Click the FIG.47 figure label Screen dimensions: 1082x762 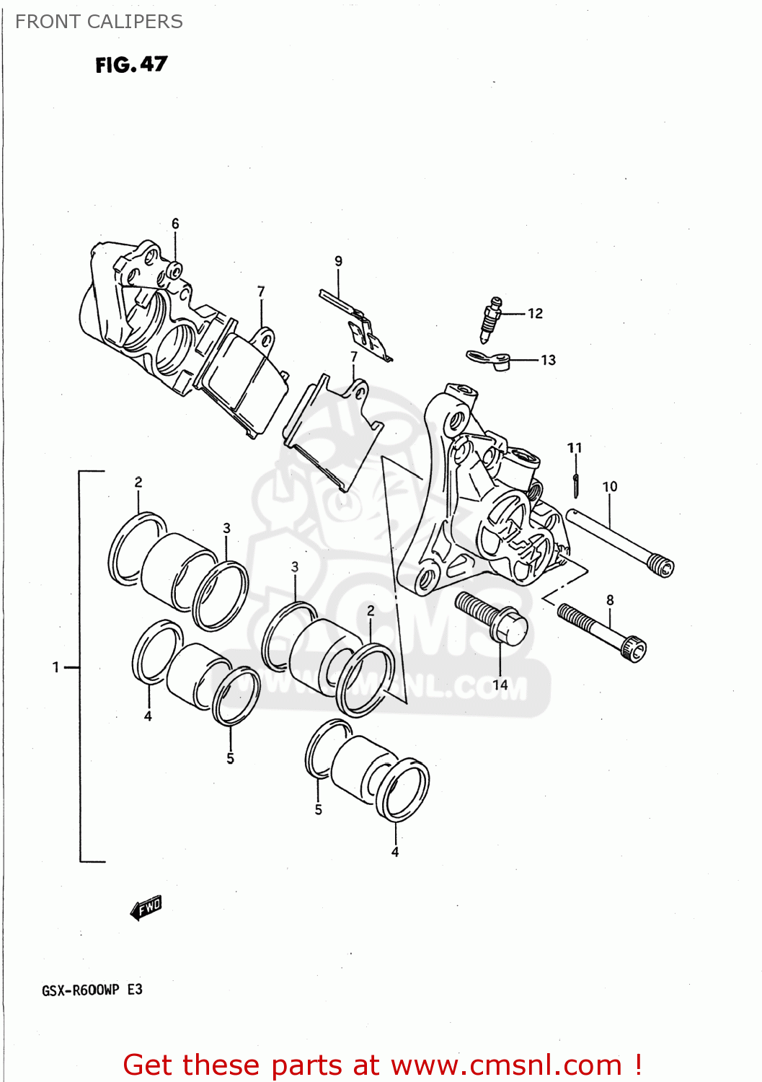click(x=131, y=65)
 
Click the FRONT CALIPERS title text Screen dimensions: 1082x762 click(x=99, y=22)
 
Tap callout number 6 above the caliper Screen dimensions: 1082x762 click(x=175, y=224)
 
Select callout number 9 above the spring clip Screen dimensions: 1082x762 click(x=338, y=261)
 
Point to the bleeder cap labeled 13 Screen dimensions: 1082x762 click(x=489, y=359)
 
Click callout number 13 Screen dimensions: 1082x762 click(x=549, y=360)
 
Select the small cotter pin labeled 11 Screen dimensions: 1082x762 click(x=576, y=485)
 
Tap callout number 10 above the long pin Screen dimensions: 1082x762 click(x=610, y=487)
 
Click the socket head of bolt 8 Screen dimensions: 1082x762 click(x=634, y=648)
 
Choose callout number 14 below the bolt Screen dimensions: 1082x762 click(x=500, y=685)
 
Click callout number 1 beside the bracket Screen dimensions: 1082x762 click(x=56, y=667)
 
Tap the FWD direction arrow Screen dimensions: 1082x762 click(x=146, y=907)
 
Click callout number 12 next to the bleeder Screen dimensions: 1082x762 click(x=535, y=313)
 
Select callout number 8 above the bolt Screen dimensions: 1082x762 click(x=611, y=600)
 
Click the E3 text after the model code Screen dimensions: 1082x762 click(x=135, y=990)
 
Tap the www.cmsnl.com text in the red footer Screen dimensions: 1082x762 click(x=506, y=1065)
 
